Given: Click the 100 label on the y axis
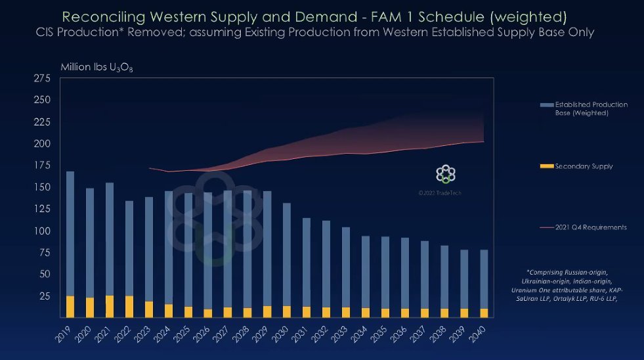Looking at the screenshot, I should click(41, 231).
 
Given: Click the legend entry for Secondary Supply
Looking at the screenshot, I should click(584, 166).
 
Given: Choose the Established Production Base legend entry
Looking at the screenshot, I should click(591, 108).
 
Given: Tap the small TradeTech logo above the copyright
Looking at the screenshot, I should click(446, 175).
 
